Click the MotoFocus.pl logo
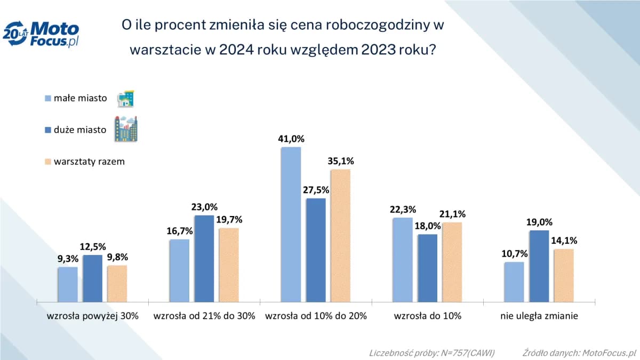point(41,35)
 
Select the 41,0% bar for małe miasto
point(291,224)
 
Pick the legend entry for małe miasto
point(80,98)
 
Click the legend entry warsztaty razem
point(88,161)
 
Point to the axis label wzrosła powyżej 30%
point(92,316)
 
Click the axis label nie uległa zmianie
point(539,316)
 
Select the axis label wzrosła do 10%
point(428,316)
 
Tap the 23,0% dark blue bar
point(204,258)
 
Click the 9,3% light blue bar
point(68,284)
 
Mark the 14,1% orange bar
point(564,275)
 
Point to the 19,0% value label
point(539,222)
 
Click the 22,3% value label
point(403,209)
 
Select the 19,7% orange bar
point(229,265)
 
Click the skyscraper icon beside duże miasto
point(126,129)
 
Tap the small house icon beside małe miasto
point(125,98)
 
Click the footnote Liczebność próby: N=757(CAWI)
point(431,353)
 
